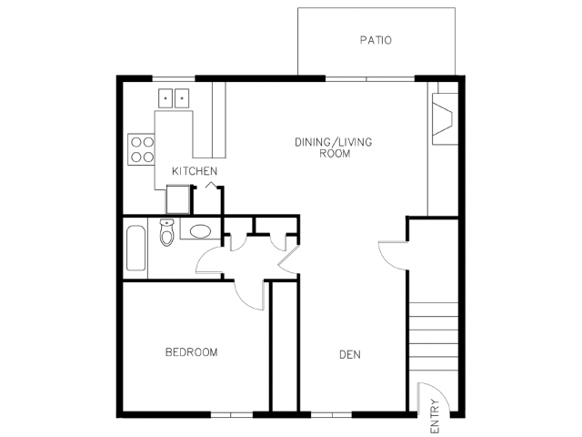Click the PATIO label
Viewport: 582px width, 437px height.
click(x=376, y=40)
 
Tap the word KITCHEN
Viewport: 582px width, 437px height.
click(x=195, y=171)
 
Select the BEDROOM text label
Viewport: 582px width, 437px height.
click(x=191, y=352)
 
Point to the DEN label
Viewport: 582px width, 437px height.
click(x=350, y=355)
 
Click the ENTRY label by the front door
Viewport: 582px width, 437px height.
click(x=435, y=416)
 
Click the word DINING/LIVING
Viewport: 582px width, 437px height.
click(x=334, y=142)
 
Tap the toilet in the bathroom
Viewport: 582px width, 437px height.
click(x=167, y=233)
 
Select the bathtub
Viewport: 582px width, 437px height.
click(x=135, y=248)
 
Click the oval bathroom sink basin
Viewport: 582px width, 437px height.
click(x=200, y=231)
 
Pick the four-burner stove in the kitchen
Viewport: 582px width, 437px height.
click(x=141, y=149)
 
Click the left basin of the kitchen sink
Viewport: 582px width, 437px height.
click(x=166, y=98)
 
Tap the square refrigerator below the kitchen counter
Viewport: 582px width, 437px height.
click(x=178, y=199)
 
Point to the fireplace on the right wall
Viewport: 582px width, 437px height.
click(x=445, y=119)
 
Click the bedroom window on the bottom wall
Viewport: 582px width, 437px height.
click(x=232, y=414)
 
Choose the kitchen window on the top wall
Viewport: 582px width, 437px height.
click(x=174, y=78)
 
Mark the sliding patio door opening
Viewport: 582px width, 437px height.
click(x=370, y=79)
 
